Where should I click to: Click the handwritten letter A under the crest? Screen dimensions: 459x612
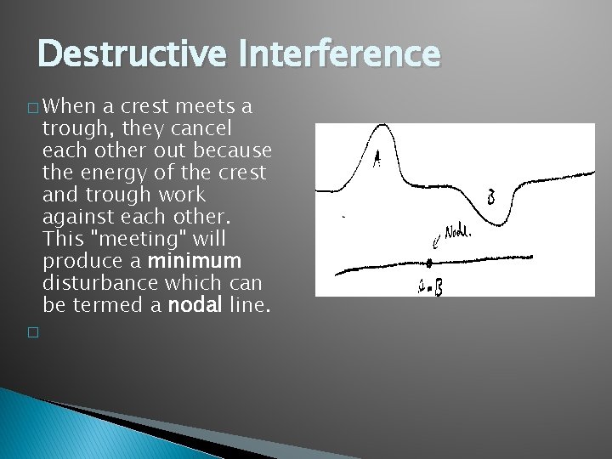click(377, 157)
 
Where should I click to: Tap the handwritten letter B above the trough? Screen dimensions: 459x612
click(491, 195)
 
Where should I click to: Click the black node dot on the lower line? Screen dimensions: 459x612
click(429, 263)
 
